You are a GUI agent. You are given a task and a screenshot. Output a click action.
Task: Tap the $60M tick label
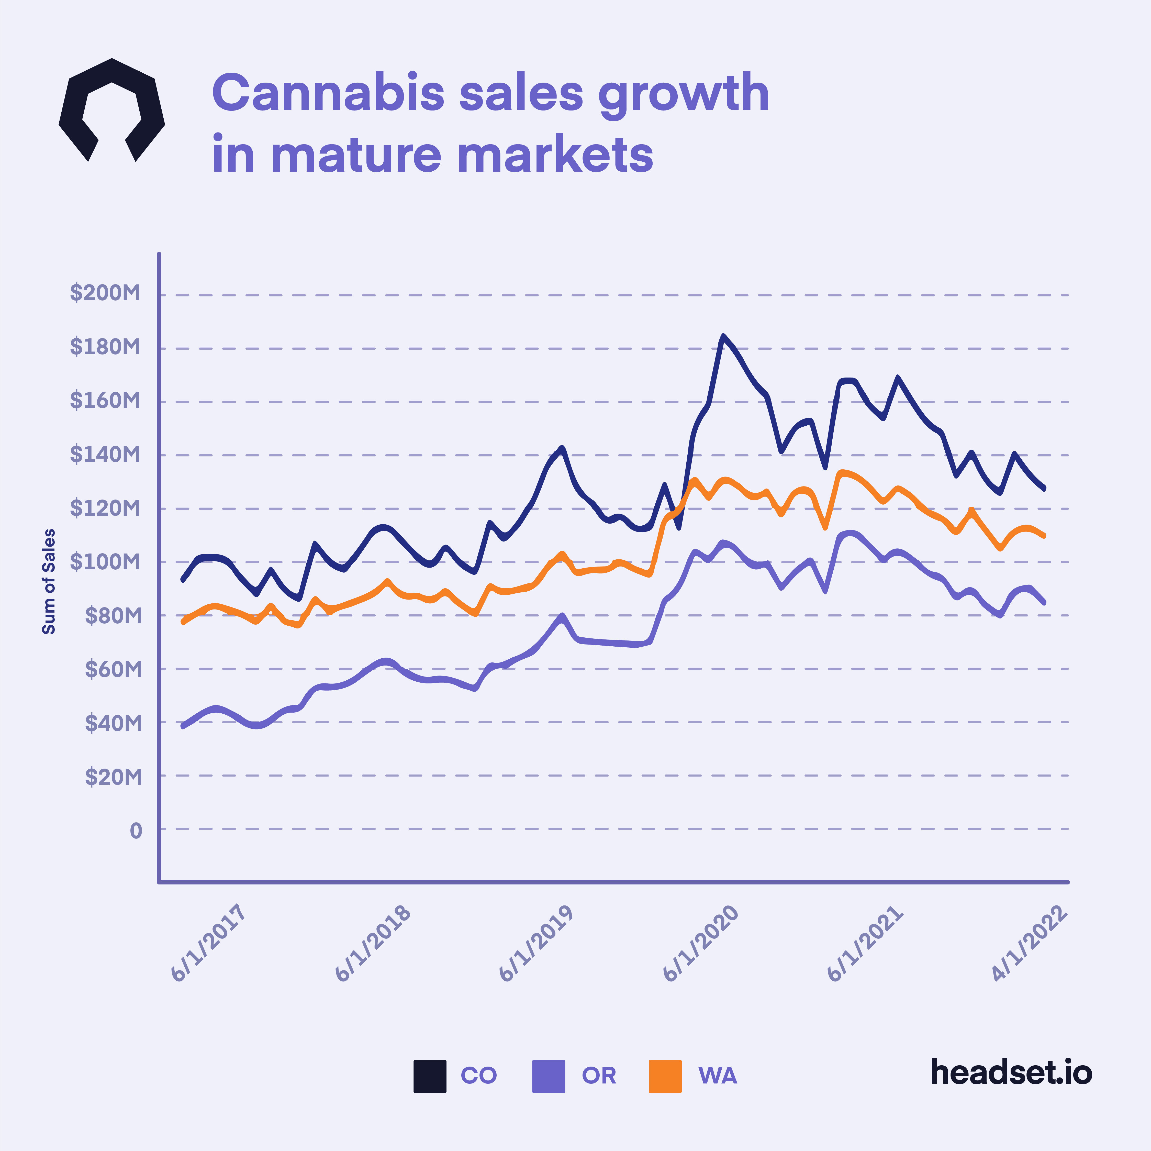[x=113, y=669]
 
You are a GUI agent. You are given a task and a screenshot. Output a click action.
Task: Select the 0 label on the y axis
[x=136, y=830]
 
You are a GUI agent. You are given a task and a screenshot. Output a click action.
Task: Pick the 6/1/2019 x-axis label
[x=535, y=943]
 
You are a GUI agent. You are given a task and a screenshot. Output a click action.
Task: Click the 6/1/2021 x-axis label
[x=864, y=943]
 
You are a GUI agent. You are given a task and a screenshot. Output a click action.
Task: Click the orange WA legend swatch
[x=665, y=1076]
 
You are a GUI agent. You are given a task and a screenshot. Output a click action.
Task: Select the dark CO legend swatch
[x=430, y=1076]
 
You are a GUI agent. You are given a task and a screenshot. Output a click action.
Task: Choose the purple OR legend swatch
[x=548, y=1076]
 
